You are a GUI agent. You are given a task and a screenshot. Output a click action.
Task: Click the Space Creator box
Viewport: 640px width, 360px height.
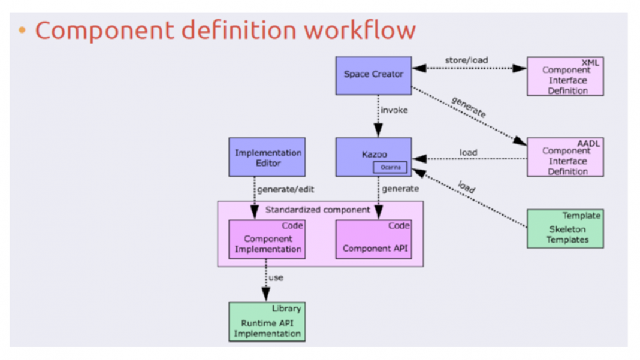(373, 75)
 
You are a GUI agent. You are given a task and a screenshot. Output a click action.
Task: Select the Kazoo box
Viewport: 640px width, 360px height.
(373, 155)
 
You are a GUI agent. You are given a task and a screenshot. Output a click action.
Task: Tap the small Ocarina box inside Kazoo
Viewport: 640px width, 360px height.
(390, 167)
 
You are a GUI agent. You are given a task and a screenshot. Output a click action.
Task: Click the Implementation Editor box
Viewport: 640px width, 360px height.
(267, 157)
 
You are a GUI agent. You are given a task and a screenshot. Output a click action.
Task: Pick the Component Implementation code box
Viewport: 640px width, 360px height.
(267, 240)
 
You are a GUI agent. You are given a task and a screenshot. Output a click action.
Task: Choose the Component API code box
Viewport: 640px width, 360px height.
(373, 240)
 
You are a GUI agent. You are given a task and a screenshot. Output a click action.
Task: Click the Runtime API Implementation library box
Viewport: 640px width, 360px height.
(267, 322)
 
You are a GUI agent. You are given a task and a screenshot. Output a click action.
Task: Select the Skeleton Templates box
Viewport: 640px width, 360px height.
(565, 229)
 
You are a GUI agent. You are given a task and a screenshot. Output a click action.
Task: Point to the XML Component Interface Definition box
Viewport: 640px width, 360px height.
(565, 77)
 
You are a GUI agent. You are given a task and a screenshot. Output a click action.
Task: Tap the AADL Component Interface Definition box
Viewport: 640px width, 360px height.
(565, 158)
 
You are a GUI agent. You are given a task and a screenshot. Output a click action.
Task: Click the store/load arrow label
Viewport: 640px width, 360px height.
(466, 60)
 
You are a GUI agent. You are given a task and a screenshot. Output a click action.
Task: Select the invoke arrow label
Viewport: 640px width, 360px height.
(394, 110)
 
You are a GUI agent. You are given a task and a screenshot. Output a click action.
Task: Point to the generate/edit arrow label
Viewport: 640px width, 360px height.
(286, 189)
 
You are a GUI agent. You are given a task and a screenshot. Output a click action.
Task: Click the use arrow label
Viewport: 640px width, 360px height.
(276, 278)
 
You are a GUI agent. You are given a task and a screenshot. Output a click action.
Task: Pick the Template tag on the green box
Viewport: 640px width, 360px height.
(581, 216)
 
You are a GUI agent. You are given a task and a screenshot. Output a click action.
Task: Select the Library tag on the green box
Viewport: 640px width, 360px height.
(286, 308)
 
